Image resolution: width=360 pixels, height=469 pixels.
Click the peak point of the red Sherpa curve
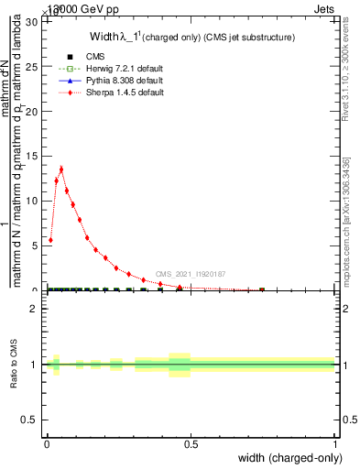click(61, 169)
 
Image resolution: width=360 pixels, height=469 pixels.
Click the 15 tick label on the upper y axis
click(33, 156)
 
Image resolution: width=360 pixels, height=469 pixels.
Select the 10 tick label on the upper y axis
click(33, 201)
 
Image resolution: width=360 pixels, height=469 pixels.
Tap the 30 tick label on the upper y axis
click(33, 21)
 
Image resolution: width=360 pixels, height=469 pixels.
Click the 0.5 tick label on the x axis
click(191, 442)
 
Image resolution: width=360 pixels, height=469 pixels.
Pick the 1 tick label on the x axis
click(334, 442)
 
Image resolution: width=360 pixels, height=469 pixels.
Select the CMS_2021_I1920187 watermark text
click(190, 274)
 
